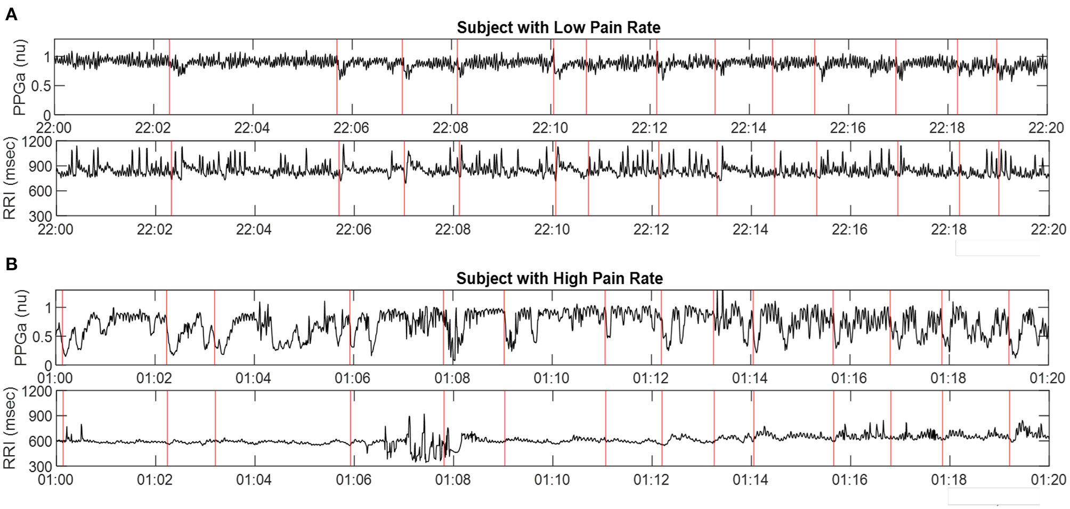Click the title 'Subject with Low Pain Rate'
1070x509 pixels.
558,27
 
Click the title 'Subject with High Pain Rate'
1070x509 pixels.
559,278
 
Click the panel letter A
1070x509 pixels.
11,14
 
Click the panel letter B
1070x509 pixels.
11,264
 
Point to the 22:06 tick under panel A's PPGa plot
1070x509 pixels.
351,128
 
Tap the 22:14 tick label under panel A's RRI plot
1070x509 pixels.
750,230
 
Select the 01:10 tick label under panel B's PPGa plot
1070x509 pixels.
551,378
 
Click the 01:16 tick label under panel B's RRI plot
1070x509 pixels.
849,480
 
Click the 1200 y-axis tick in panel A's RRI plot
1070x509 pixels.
37,142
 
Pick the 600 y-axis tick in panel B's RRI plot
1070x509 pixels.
40,441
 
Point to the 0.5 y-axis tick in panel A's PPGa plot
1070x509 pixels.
41,86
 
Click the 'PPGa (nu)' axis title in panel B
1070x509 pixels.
20,327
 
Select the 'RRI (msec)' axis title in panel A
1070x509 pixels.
10,178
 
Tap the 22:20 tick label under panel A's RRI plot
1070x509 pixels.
1048,230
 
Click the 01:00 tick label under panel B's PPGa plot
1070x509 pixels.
55,378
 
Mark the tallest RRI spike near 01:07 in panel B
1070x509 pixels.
424,415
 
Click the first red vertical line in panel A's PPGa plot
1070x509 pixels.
169,77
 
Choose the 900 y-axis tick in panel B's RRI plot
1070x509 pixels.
40,416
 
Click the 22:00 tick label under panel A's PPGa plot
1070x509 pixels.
53,128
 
